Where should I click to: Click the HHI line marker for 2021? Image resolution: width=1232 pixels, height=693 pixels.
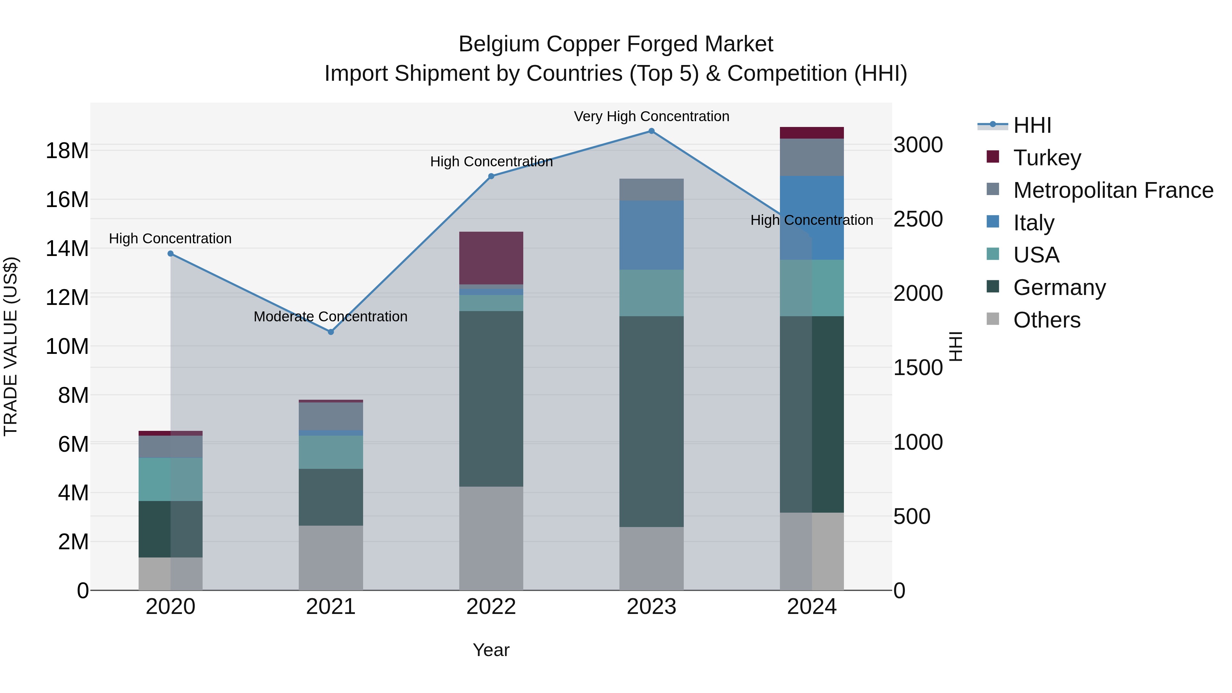coord(331,332)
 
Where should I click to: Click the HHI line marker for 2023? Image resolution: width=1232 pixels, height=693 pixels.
coord(651,131)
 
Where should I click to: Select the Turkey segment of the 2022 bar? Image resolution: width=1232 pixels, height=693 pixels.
coord(491,258)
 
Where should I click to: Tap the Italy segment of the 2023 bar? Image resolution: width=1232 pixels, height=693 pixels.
coord(651,235)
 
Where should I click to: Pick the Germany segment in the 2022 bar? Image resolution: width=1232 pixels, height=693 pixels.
coord(491,399)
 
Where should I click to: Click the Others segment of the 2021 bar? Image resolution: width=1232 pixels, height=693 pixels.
coord(331,558)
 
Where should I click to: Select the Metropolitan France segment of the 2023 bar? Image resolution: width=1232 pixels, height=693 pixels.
coord(651,190)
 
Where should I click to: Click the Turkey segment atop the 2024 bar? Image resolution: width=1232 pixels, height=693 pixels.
coord(812,133)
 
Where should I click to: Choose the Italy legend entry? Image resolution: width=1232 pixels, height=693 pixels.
coord(1033,223)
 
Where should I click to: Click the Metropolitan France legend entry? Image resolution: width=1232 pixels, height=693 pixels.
coord(1113,190)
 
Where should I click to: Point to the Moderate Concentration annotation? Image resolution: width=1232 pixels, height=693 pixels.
coord(331,317)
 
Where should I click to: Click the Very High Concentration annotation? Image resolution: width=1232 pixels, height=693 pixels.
coord(651,117)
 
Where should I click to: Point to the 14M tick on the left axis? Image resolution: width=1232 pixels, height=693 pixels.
coord(67,249)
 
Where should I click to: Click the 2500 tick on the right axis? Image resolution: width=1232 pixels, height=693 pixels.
coord(918,219)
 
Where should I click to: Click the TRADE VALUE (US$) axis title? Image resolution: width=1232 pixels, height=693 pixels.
coord(11,346)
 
